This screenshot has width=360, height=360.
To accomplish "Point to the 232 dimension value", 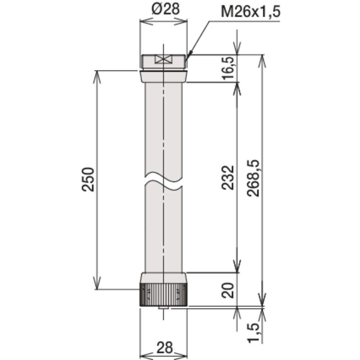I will click(228, 177).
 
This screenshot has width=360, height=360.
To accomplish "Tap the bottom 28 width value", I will click(165, 348).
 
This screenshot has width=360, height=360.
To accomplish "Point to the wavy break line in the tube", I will click(163, 181).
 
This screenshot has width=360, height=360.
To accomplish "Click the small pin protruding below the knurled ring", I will click(163, 308).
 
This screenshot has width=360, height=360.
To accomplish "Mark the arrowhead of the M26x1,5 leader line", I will click(188, 56).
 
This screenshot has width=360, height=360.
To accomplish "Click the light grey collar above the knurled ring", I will click(163, 278).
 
